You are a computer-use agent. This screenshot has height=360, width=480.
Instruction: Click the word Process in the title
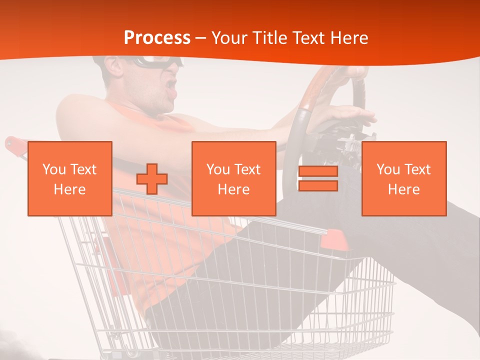click(157, 38)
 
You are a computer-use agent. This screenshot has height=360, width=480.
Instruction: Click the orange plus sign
click(152, 179)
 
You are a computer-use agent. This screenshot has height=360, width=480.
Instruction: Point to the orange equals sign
click(318, 179)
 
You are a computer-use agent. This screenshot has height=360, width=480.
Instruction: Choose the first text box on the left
click(70, 179)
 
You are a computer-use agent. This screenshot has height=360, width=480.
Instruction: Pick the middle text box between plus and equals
click(234, 179)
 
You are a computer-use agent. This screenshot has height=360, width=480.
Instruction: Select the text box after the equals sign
click(404, 179)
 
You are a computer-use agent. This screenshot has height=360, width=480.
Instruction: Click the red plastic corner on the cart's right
click(334, 241)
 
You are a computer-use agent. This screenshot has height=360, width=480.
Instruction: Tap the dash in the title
click(201, 38)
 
